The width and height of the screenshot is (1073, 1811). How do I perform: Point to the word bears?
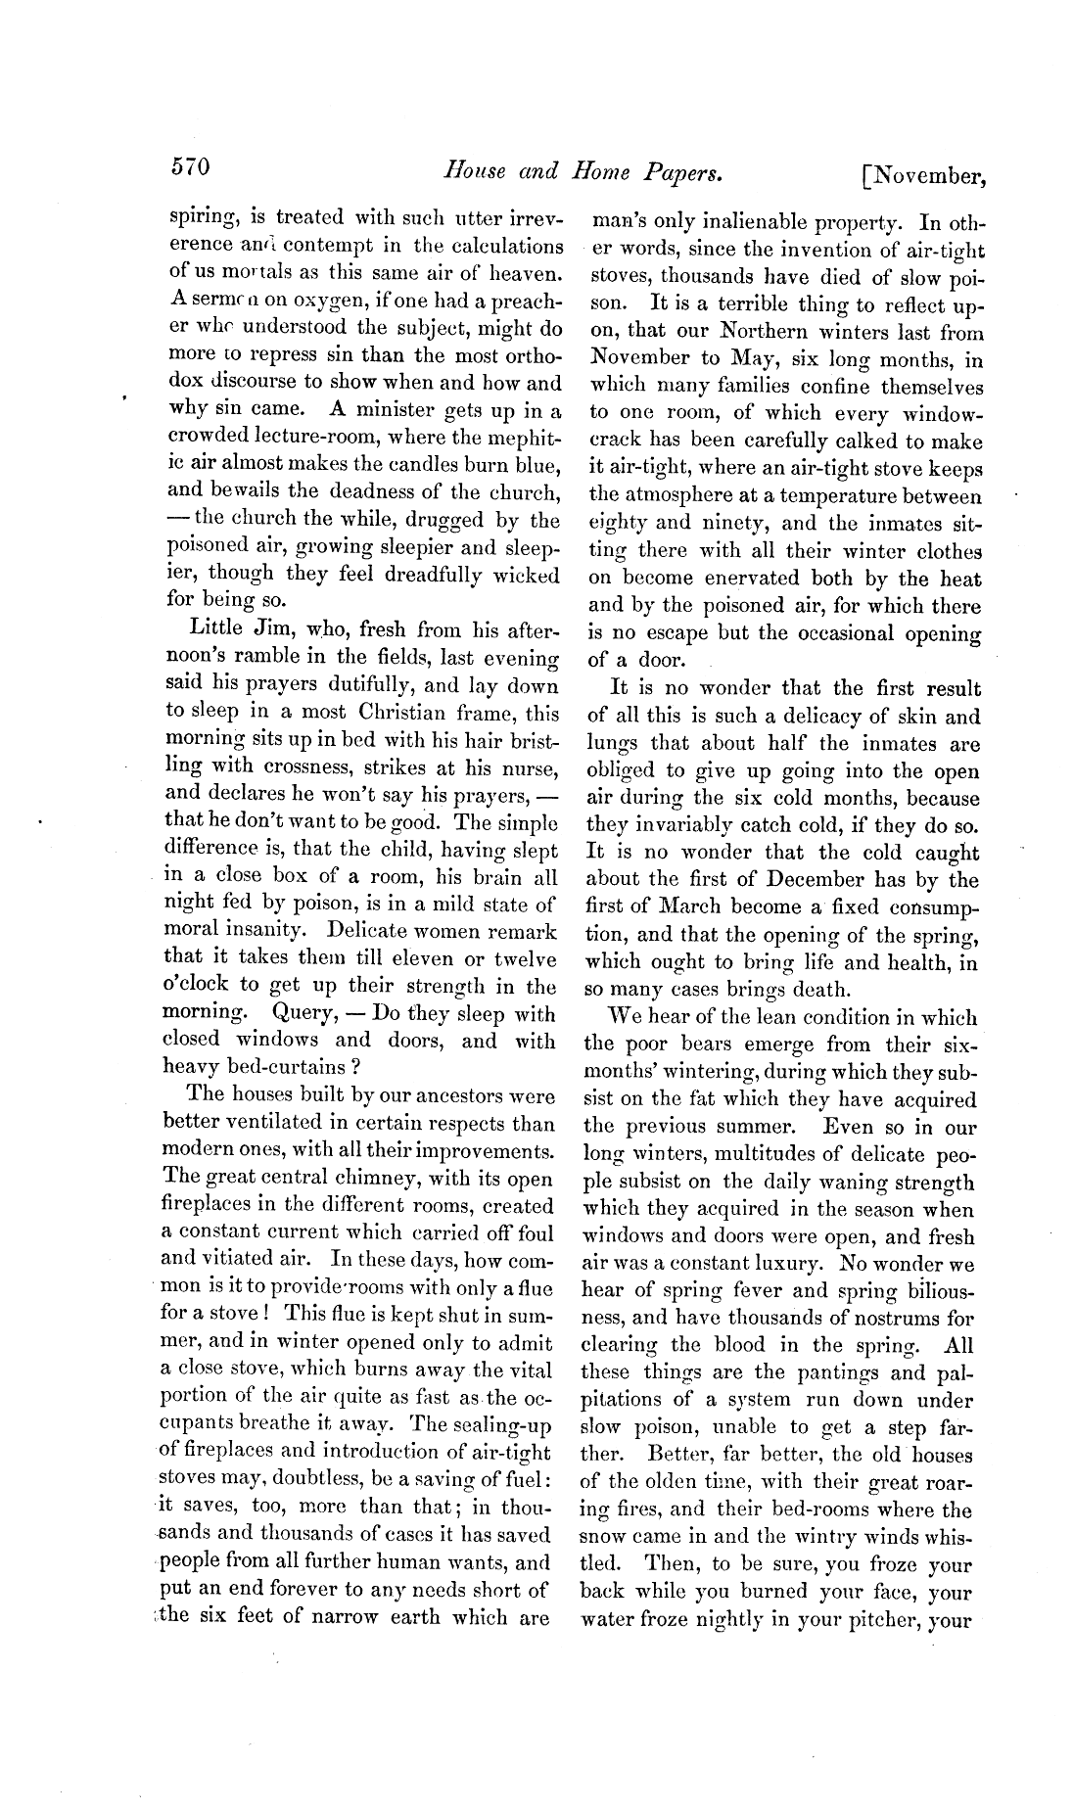click(694, 1045)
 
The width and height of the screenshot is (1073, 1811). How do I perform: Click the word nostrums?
click(874, 1318)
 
